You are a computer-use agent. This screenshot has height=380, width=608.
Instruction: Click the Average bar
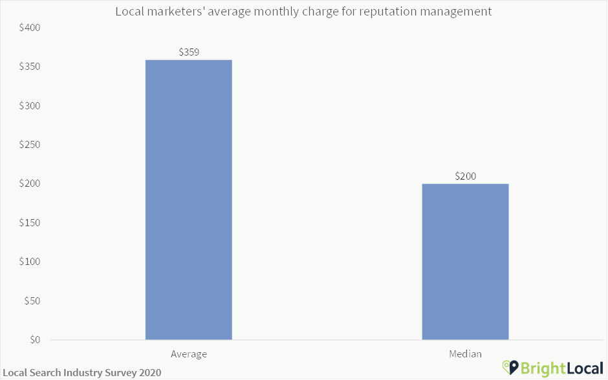[x=188, y=200]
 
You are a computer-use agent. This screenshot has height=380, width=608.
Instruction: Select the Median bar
[x=465, y=262]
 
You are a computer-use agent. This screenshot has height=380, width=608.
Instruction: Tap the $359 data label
[x=188, y=52]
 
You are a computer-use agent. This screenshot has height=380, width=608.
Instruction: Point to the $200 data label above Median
[x=465, y=176]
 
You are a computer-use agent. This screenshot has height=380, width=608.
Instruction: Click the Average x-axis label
[x=188, y=354]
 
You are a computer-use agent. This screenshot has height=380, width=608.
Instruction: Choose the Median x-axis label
[x=465, y=354]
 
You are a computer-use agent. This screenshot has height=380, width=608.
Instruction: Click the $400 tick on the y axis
[x=30, y=28]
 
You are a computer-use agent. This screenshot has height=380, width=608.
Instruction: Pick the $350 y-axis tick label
[x=30, y=67]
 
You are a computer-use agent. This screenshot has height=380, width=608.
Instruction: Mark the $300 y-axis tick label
[x=30, y=106]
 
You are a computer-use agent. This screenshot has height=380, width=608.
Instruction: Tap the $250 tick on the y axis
[x=30, y=145]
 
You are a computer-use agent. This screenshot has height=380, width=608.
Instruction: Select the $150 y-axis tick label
[x=30, y=223]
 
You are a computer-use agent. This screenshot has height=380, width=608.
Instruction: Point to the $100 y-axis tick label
[x=30, y=262]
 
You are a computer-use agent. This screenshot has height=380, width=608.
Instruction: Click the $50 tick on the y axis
[x=32, y=301]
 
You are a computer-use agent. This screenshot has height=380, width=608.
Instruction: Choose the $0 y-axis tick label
[x=34, y=340]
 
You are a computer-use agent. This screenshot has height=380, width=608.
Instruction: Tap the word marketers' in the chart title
[x=171, y=12]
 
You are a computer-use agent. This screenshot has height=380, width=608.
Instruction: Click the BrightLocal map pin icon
[x=510, y=368]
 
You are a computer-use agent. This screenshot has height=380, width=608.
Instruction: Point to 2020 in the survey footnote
[x=149, y=373]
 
